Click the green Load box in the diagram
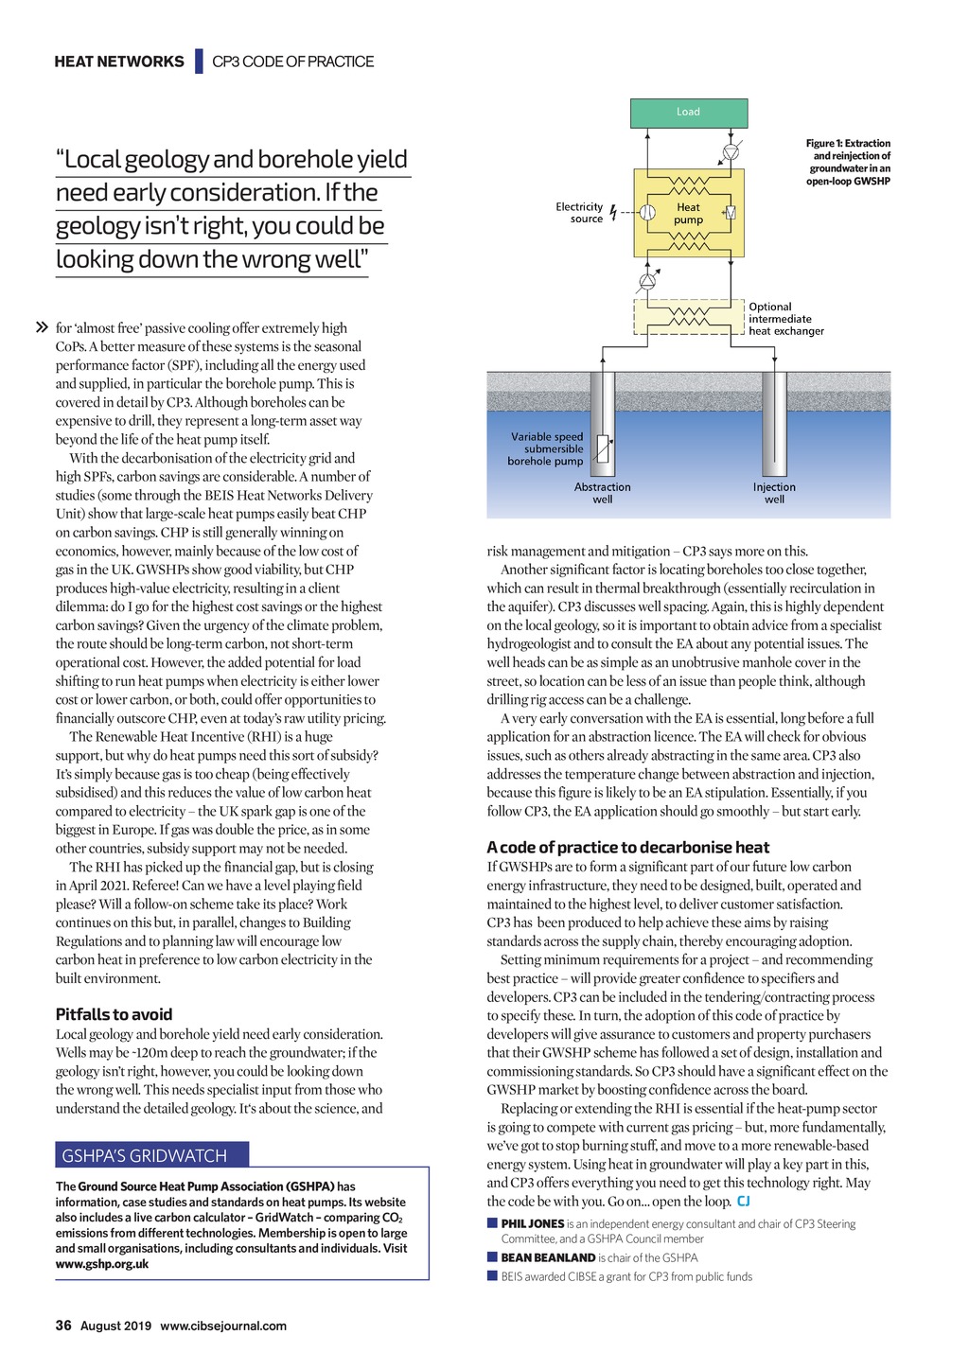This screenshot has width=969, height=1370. [x=689, y=113]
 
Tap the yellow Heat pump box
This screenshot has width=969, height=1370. [x=689, y=214]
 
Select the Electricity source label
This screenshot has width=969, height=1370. [x=579, y=213]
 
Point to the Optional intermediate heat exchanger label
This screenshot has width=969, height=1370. [x=785, y=319]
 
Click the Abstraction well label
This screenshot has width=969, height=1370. [x=602, y=493]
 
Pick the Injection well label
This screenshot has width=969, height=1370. [x=774, y=493]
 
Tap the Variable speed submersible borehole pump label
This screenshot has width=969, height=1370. [x=546, y=449]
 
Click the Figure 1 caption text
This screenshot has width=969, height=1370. [x=848, y=162]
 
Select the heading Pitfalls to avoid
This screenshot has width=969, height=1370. [x=114, y=1014]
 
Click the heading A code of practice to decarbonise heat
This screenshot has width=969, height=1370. [x=627, y=848]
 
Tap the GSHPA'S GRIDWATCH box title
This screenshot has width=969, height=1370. [x=145, y=1155]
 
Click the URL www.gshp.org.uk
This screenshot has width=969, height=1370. [x=102, y=1264]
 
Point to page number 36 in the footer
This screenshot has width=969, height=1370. [x=63, y=1326]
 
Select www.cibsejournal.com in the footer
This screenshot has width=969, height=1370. [x=223, y=1326]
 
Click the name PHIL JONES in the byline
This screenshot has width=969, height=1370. [x=532, y=1224]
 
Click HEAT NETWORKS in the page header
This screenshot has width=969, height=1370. [x=119, y=61]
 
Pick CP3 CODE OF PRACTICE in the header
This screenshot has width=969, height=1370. [x=292, y=61]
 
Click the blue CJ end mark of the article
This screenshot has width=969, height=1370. [x=743, y=1202]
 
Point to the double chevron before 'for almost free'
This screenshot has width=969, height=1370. [x=42, y=328]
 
